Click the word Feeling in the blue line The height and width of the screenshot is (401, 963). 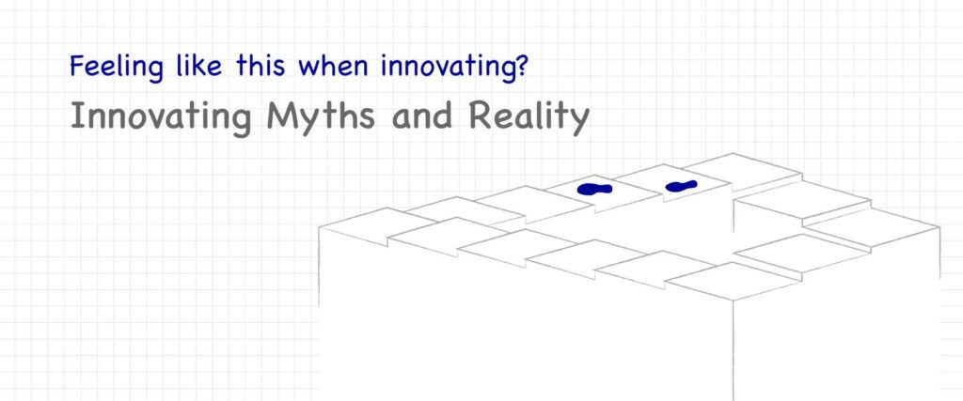click(x=117, y=67)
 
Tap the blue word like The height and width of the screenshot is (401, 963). click(x=199, y=65)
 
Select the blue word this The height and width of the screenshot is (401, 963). click(x=260, y=65)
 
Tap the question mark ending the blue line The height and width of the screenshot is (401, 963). click(x=518, y=65)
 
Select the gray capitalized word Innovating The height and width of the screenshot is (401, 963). click(x=161, y=116)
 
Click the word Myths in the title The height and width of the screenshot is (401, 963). click(x=321, y=116)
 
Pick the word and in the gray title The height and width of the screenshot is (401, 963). click(x=421, y=116)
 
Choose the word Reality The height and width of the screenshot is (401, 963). click(x=529, y=116)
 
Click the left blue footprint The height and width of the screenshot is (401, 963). click(x=594, y=189)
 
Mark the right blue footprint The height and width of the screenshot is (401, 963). click(x=681, y=185)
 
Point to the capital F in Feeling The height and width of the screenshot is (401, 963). click(x=77, y=66)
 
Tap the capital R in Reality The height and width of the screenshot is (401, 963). click(x=481, y=116)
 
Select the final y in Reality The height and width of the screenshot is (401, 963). click(x=579, y=121)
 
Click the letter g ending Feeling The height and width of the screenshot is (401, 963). click(x=156, y=70)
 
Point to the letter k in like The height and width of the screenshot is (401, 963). click(x=198, y=65)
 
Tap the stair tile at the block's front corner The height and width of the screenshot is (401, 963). click(x=733, y=280)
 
